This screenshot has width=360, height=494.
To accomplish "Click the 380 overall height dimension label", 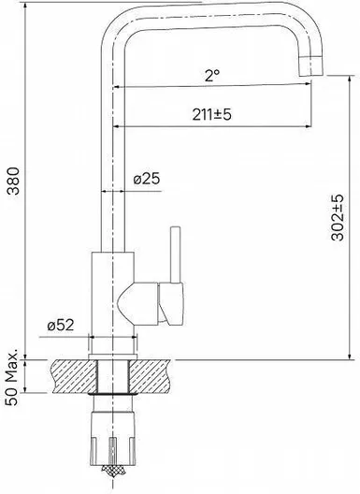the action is coord(14,181).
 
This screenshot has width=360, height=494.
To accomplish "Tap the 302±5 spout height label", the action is coord(338,217).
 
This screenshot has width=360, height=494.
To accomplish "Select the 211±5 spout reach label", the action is coord(211,114).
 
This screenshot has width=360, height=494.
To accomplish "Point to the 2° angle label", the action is coord(212,76).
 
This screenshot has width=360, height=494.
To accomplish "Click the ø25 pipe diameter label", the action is coord(147,179).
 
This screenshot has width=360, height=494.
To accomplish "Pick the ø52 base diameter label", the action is coord(61,326).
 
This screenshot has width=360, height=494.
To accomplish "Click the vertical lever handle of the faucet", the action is coord(175,254).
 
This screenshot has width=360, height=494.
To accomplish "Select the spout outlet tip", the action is coord(310,65).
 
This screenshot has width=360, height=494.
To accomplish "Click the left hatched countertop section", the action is coord(73,376).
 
